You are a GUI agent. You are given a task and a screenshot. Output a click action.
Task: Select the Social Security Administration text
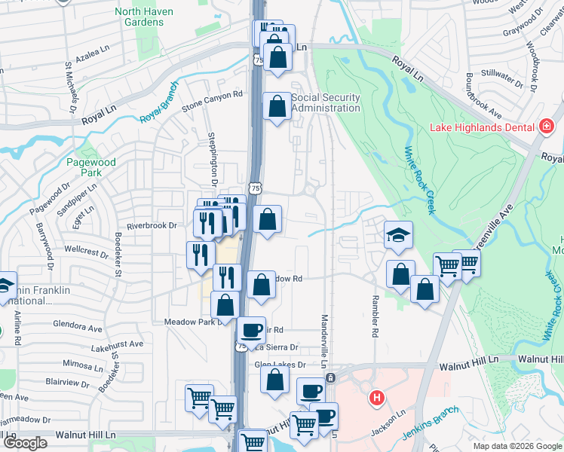click(326, 103)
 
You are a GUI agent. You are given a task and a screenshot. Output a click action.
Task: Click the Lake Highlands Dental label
click(481, 127)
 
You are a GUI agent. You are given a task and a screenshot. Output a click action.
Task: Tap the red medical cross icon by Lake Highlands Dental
click(547, 127)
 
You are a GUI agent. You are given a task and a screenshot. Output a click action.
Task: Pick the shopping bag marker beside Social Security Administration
click(277, 106)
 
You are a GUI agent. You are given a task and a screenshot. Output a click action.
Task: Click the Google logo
click(25, 443)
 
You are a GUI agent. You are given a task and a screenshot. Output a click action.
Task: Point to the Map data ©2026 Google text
click(516, 446)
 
